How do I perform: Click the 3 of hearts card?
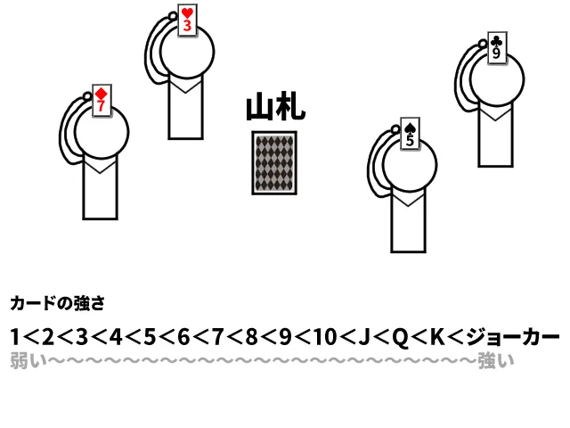pos(186,21)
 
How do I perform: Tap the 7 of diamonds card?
pos(102,100)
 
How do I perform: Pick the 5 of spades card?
pos(410,134)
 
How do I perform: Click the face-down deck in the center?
pos(274,162)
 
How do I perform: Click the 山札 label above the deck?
pos(275,108)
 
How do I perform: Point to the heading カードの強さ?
pos(57,304)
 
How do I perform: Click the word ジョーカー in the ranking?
pos(517,338)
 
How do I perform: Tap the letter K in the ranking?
pos(436,338)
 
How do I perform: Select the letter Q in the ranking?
pos(402,338)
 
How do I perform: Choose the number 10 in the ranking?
pos(326,338)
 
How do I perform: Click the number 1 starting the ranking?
pos(16,338)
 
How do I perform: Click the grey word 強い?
pos(496,361)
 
